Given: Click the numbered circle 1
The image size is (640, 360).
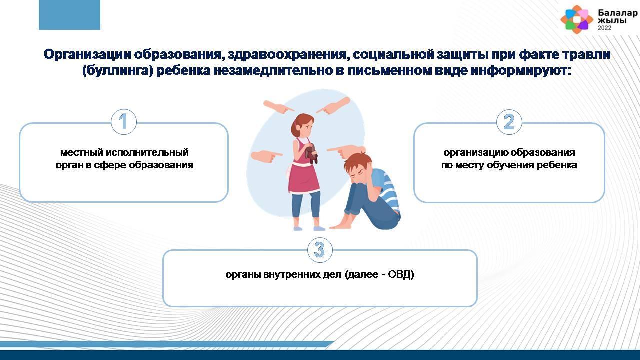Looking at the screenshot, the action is tap(123, 122).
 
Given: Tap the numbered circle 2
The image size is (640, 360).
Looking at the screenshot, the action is tap(509, 122).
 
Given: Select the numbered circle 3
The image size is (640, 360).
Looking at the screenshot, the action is tap(320, 250).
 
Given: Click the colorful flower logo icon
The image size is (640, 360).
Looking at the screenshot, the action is tap(577, 19).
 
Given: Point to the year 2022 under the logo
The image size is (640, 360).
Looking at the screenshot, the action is tap(605, 28).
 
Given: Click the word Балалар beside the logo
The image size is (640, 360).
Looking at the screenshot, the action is tap(617, 13).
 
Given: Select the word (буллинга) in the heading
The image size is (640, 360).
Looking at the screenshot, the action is tap(118, 71).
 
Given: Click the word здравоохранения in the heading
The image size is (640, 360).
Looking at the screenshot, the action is tap(287, 54).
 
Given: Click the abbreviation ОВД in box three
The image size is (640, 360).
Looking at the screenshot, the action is tap(401, 274).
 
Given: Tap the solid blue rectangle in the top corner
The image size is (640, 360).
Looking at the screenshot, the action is tap(69, 15).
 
